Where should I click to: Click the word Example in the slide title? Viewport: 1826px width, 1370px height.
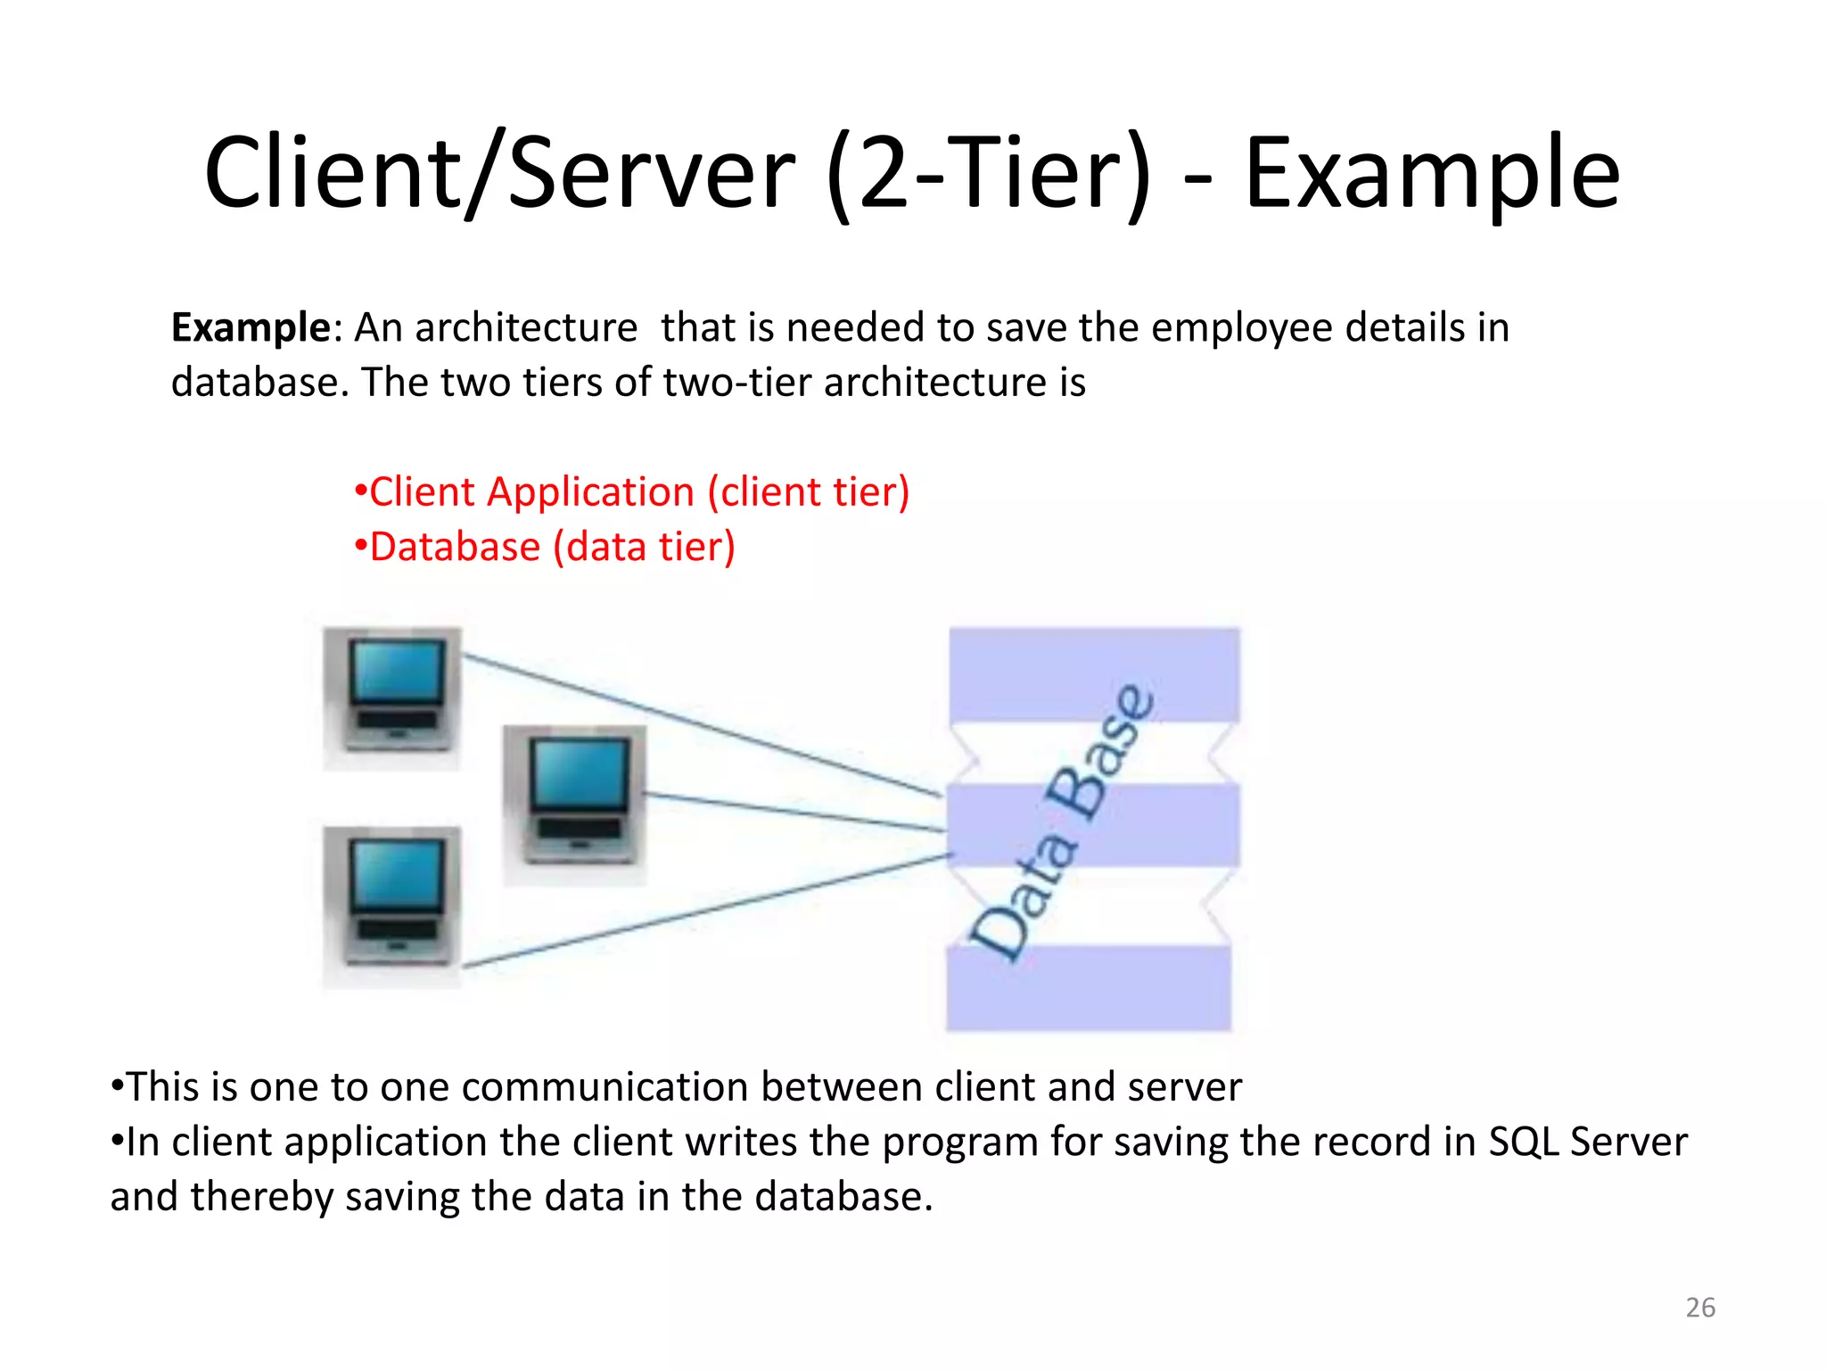click(x=1431, y=174)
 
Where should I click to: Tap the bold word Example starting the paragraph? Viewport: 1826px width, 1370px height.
click(x=251, y=328)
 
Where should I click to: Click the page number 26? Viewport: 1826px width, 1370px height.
click(x=1699, y=1308)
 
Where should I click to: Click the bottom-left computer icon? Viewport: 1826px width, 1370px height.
click(x=392, y=905)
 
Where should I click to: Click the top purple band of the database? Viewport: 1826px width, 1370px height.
click(x=1094, y=673)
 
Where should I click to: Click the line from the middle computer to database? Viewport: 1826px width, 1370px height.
click(x=794, y=813)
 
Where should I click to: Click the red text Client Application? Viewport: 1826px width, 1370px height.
click(x=531, y=492)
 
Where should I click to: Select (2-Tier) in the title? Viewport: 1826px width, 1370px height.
click(x=989, y=174)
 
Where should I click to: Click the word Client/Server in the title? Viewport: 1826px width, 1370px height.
click(x=499, y=174)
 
